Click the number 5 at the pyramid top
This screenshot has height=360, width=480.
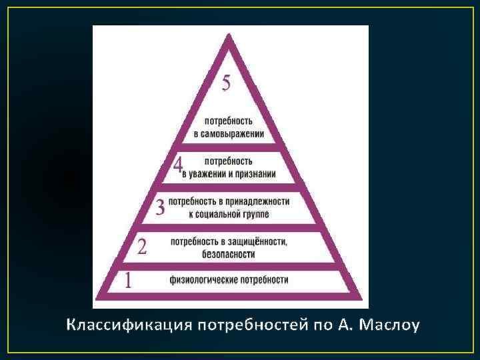227,83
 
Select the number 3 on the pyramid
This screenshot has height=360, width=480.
160,207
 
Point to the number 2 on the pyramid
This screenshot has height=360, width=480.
142,248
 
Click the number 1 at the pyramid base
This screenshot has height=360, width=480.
128,281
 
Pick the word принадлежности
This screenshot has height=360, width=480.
258,201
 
